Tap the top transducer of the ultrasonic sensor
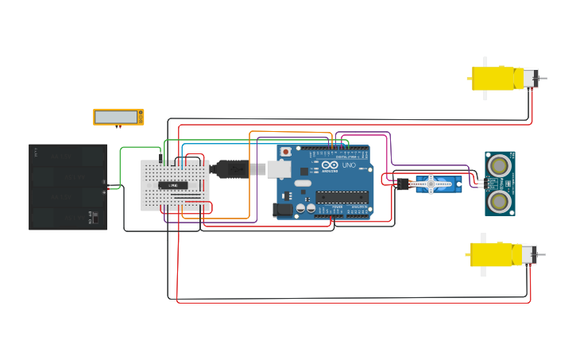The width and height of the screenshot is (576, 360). [499, 165]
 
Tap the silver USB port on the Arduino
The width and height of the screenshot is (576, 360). [278, 168]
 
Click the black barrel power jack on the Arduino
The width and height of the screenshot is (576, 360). [282, 210]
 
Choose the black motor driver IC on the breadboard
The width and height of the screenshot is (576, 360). [173, 185]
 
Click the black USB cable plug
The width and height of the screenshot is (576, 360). [230, 168]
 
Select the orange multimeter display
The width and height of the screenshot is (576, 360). [118, 117]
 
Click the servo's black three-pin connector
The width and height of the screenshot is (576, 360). [402, 184]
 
